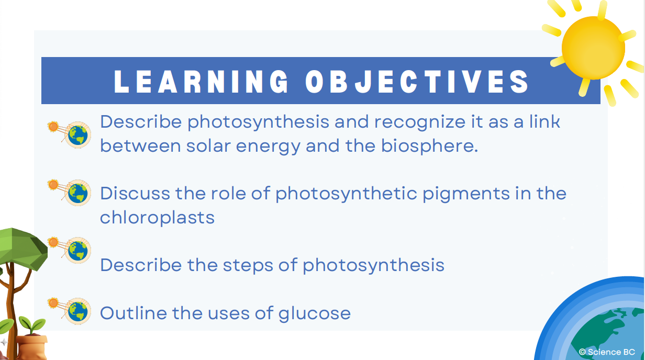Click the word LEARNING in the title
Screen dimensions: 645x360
click(x=201, y=82)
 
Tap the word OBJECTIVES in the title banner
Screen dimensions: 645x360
click(x=417, y=82)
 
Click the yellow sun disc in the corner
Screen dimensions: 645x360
click(x=593, y=48)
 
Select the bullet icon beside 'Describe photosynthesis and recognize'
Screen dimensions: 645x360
click(x=70, y=134)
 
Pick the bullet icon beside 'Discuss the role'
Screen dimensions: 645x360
click(x=70, y=193)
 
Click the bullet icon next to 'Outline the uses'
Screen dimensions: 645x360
click(x=70, y=311)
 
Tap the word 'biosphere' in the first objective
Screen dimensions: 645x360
click(x=429, y=146)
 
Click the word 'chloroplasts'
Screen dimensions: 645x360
click(x=157, y=218)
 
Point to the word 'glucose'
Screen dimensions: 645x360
click(x=315, y=313)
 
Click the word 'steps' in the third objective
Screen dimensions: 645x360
click(x=248, y=265)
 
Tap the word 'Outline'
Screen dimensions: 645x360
click(x=134, y=313)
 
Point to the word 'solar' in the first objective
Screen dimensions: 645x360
click(x=208, y=145)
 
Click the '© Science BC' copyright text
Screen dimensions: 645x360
click(x=607, y=352)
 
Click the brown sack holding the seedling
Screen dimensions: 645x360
click(x=31, y=347)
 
